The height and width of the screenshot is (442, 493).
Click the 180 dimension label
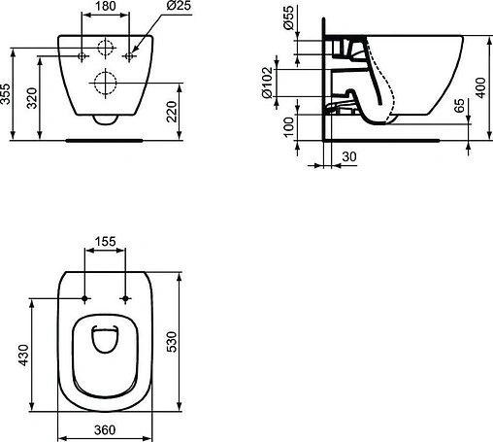coord(106,6)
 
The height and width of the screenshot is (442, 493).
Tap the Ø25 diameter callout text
coord(179,6)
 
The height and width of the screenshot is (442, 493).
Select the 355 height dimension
coord(5,94)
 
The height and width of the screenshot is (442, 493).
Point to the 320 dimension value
coord(32,98)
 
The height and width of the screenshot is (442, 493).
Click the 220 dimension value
coord(172,112)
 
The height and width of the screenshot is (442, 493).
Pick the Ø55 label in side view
coord(289,17)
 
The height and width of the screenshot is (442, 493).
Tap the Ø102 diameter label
coord(267,83)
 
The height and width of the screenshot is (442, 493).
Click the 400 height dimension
coord(480,87)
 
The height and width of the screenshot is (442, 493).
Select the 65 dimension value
coord(459,106)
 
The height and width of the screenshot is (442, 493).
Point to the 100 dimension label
coord(288,127)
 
